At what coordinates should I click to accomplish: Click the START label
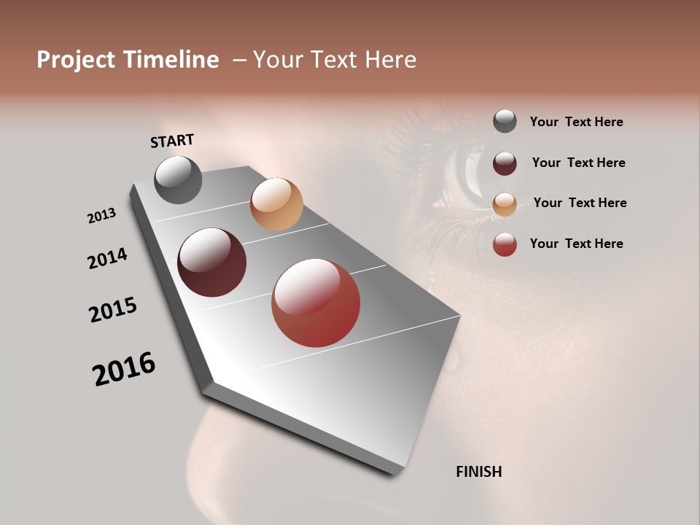pos(172,141)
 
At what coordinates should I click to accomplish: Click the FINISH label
pos(478,472)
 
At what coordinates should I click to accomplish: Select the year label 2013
pos(102,215)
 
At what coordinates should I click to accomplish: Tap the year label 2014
pos(108,258)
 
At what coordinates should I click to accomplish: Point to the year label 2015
pos(113,310)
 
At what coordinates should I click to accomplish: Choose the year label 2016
pos(124,369)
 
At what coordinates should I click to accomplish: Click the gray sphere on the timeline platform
pos(178,179)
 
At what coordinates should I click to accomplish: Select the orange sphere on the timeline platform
pos(276,204)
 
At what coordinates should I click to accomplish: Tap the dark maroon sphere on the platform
pos(211,262)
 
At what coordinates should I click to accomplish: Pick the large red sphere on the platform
pos(316,303)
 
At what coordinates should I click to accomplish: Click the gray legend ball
pos(505,121)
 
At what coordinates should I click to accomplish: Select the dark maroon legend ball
pos(505,163)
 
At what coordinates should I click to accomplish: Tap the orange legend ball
pos(505,203)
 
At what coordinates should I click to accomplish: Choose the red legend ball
pos(505,244)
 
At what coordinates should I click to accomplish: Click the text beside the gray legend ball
pos(576,122)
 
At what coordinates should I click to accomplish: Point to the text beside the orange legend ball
pos(580,203)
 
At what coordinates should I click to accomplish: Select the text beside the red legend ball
pos(576,244)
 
